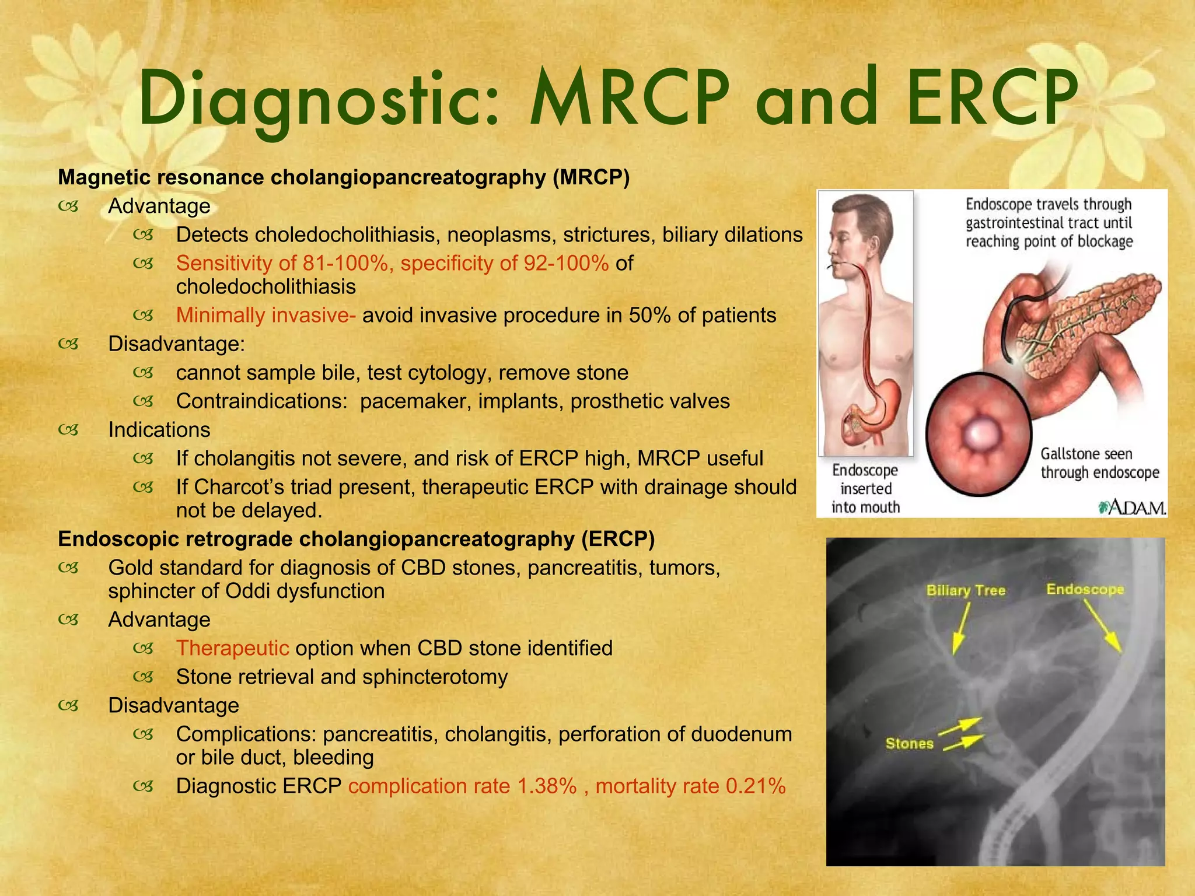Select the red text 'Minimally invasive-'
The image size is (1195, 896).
click(265, 316)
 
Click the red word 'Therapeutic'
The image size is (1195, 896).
click(232, 648)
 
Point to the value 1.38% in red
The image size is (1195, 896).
click(547, 786)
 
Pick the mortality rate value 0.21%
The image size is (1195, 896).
click(756, 786)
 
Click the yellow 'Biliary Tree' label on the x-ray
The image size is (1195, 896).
click(966, 590)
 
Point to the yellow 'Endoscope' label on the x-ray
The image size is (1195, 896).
click(1085, 589)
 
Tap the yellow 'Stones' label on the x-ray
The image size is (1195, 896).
click(909, 743)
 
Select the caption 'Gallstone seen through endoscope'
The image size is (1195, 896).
click(1100, 463)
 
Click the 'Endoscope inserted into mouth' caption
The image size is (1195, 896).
click(865, 488)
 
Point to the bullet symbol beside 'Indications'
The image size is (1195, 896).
click(68, 430)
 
